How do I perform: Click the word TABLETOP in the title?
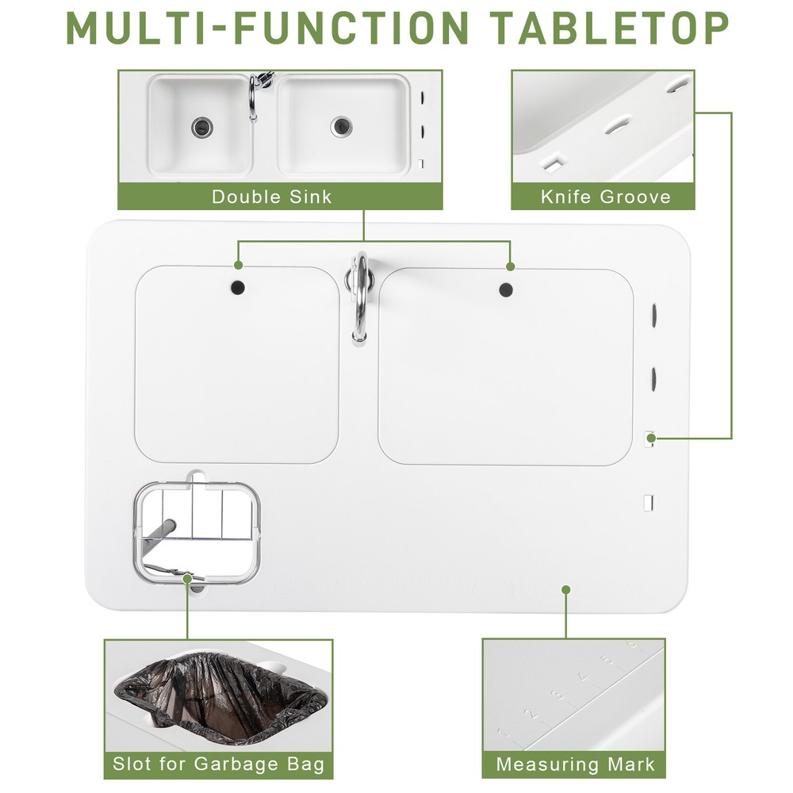pos(609,28)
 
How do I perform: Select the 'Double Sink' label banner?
pos(271,196)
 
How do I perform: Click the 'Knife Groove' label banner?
pos(605,196)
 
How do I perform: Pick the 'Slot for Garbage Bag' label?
pos(218,764)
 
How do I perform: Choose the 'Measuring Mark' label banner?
pos(575,764)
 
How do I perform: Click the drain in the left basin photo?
pos(201,125)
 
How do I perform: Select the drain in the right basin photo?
pos(341,125)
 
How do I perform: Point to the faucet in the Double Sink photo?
pos(254,95)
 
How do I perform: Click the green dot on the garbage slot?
pos(189,579)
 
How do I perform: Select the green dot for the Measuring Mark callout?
pos(565,589)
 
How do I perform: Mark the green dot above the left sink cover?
pos(237,266)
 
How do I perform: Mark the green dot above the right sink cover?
pos(510,266)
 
